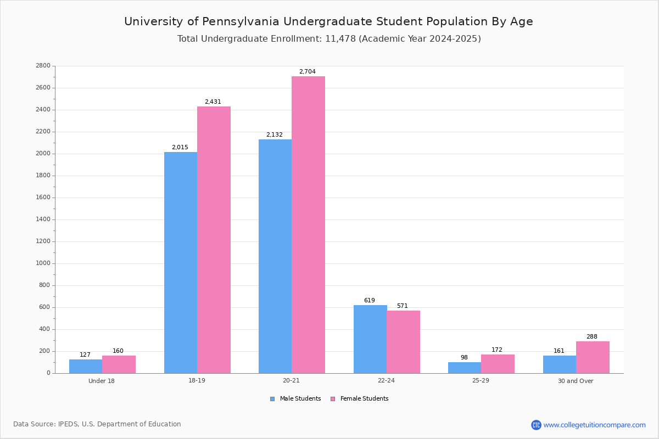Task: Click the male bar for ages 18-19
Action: click(x=181, y=262)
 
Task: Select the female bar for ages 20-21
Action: click(x=308, y=225)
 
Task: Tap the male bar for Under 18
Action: click(x=86, y=367)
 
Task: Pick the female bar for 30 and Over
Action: click(x=593, y=357)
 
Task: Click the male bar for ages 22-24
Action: click(x=370, y=339)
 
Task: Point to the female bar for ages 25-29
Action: click(x=498, y=364)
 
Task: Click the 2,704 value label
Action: click(x=308, y=71)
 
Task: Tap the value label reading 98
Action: click(x=464, y=357)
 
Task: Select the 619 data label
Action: click(x=370, y=300)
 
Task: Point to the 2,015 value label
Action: click(x=180, y=147)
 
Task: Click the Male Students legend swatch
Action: click(x=272, y=399)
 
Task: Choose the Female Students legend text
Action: click(x=364, y=398)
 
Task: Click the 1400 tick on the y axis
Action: click(x=43, y=219)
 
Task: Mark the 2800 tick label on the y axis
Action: click(x=43, y=65)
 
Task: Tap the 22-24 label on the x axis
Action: click(x=386, y=380)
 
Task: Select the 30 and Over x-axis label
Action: click(x=576, y=381)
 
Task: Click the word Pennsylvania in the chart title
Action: click(x=241, y=22)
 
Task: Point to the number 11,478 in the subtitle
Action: click(x=340, y=39)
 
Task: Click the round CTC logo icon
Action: click(x=536, y=425)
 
